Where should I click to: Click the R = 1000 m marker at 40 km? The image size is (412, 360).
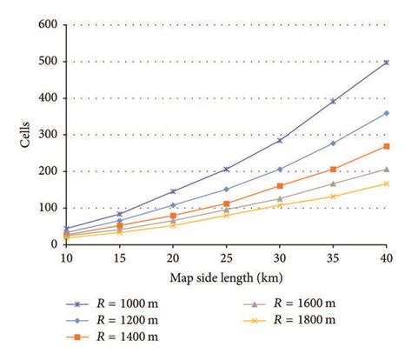[386, 63]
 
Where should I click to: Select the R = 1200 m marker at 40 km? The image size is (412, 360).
[386, 113]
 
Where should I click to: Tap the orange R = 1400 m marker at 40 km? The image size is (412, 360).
[386, 146]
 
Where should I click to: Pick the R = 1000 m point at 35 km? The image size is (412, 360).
[332, 101]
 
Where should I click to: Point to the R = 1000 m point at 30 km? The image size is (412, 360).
[279, 140]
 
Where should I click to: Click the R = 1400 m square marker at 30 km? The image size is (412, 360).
[279, 185]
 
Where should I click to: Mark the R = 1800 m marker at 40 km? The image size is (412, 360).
[386, 183]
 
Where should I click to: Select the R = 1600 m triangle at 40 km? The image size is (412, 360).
[386, 169]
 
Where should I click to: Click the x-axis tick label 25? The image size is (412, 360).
[226, 257]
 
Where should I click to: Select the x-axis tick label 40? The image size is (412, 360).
[386, 257]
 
